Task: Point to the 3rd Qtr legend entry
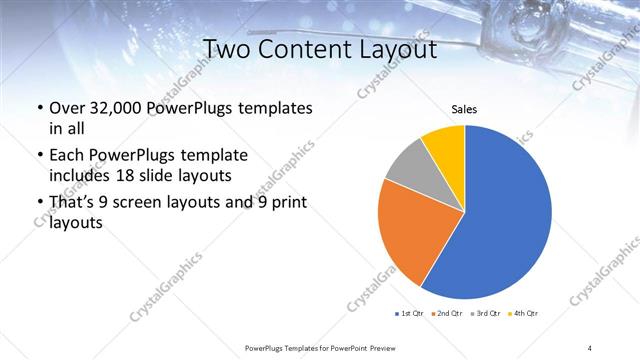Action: tap(484, 314)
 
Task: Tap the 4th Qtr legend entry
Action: tap(523, 314)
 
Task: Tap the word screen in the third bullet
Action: tap(150, 204)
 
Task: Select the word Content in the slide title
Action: tap(309, 49)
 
